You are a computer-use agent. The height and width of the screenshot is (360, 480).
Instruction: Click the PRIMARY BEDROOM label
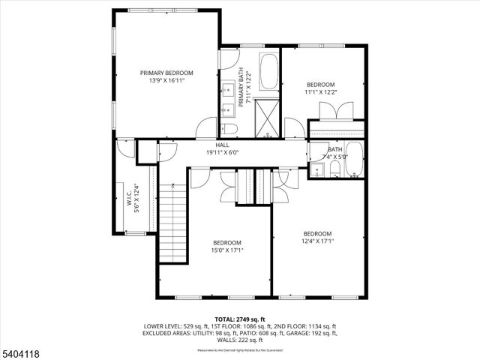(166, 73)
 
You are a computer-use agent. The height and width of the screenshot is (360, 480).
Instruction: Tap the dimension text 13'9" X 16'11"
(166, 81)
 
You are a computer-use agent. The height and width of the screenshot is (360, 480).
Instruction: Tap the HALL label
(223, 145)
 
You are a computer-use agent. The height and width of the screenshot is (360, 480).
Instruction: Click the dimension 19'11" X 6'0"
(223, 152)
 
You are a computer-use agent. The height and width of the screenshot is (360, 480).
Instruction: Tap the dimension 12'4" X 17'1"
(317, 241)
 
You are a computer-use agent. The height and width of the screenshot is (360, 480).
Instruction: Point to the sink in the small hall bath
(317, 171)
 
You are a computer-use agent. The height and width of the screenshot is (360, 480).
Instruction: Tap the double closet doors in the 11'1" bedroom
(334, 110)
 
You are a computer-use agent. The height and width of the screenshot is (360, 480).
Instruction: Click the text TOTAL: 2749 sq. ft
(239, 319)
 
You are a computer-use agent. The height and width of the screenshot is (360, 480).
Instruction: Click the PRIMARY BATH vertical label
(242, 89)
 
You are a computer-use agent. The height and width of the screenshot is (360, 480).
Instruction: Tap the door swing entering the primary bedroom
(205, 128)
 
